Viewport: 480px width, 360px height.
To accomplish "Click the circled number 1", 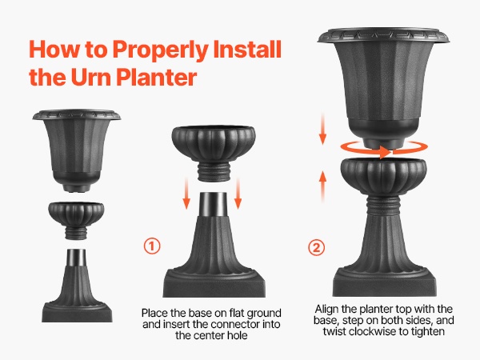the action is pos(152,246).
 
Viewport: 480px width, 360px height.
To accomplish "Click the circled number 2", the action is pos(316,247).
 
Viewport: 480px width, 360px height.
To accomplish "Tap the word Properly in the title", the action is pos(161,50).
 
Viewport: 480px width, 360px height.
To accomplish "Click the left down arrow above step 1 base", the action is pos(186,194).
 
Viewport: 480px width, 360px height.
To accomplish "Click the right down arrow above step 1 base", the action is pos(238,194).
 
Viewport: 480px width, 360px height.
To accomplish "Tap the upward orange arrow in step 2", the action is pos(322,186).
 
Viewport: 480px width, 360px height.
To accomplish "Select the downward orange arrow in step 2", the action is pos(322,129).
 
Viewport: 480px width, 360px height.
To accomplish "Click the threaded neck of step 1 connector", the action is pos(214,171).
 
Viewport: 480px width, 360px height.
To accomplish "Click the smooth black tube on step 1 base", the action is pos(213,204).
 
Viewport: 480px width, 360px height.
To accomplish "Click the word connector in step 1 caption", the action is pos(234,324).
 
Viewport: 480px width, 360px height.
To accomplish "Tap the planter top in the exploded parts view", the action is pos(77,150).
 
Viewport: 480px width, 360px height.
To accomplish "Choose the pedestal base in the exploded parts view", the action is pos(77,286).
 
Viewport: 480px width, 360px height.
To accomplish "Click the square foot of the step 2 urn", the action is pos(385,282).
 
